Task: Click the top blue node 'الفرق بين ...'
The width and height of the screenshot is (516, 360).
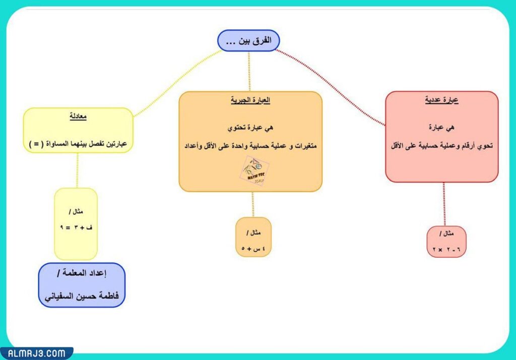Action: point(248,40)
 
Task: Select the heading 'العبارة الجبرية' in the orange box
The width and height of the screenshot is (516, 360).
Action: point(250,100)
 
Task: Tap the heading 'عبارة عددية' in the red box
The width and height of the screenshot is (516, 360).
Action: point(441,100)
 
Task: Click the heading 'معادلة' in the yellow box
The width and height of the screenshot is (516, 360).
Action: point(78,117)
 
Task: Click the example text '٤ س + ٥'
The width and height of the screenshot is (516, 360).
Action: point(253,248)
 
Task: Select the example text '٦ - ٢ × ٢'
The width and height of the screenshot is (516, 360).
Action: point(446,250)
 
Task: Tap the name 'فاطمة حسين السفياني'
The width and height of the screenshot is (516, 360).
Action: point(82,296)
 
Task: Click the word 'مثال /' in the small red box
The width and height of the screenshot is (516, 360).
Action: point(446,235)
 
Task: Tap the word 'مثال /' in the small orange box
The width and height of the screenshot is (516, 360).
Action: point(253,233)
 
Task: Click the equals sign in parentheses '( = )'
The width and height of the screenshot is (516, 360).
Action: point(35,144)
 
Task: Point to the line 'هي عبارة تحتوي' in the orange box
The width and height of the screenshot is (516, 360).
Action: point(250,128)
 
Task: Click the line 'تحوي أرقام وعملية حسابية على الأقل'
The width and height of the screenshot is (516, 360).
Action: point(441,146)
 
